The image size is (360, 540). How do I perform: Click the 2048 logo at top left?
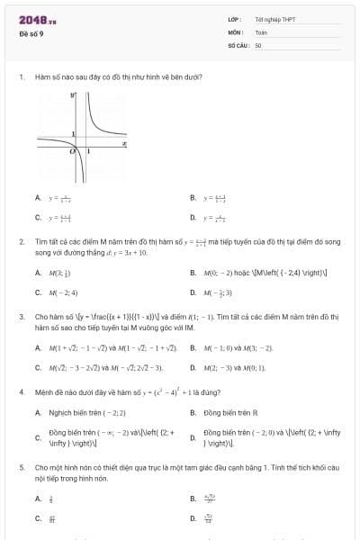coord(37,19)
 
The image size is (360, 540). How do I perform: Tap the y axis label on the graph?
coord(73,94)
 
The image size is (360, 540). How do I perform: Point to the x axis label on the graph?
coord(123,142)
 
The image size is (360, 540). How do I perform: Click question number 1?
coord(20,77)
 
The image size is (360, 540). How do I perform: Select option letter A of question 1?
coord(38,197)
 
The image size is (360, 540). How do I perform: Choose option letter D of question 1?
coord(193,217)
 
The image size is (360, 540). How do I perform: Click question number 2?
coord(20,242)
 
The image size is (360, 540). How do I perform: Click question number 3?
coord(20,317)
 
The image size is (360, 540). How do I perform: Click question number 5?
coord(20,468)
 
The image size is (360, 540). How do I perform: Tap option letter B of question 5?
coord(193,498)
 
